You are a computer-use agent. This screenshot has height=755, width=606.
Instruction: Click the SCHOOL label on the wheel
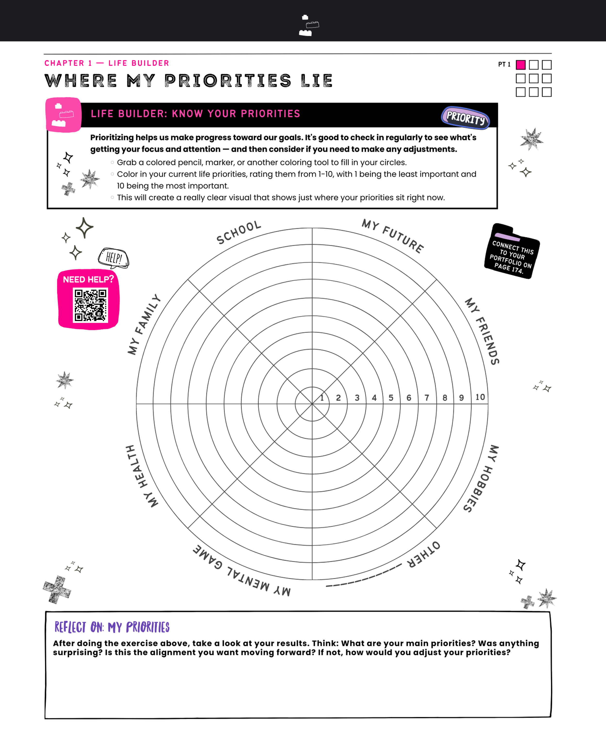point(239,232)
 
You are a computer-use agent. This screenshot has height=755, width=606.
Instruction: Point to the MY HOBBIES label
point(481,478)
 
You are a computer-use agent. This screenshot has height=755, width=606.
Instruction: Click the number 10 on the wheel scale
point(480,397)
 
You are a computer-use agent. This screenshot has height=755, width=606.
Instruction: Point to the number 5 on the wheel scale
point(391,398)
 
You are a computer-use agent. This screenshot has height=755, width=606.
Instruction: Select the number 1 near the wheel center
point(322,398)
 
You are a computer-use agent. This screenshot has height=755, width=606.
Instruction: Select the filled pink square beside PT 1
point(520,65)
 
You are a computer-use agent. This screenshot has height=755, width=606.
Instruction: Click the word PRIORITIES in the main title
point(228,81)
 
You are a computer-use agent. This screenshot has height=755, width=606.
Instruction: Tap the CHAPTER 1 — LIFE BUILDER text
point(106,63)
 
